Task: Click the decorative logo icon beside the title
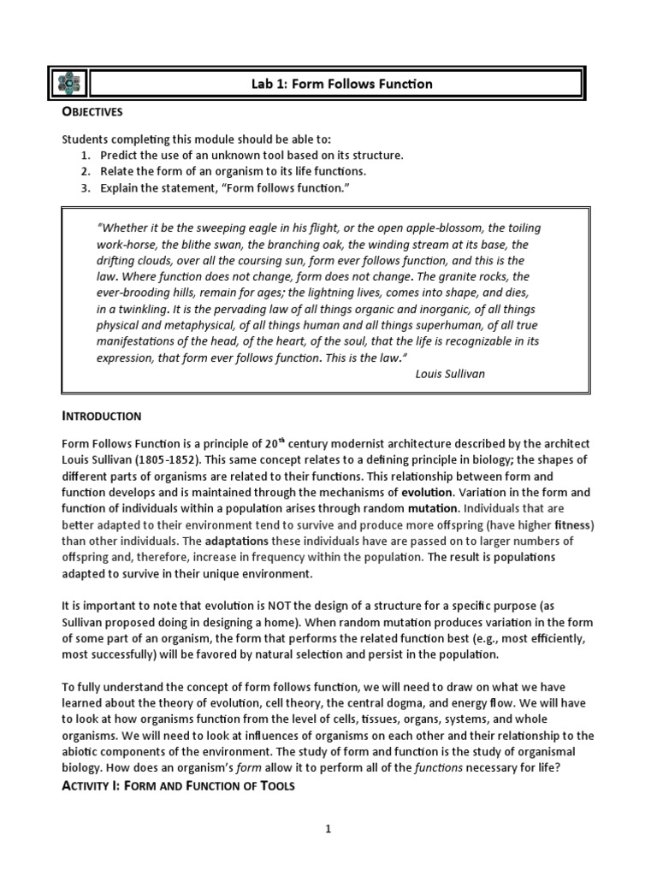[68, 84]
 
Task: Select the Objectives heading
[92, 112]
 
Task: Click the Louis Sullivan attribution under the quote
[450, 374]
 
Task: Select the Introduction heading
[101, 417]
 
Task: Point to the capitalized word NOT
[283, 606]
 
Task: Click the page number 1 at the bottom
[328, 829]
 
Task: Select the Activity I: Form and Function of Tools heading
[178, 786]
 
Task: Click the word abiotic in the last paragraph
[82, 752]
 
